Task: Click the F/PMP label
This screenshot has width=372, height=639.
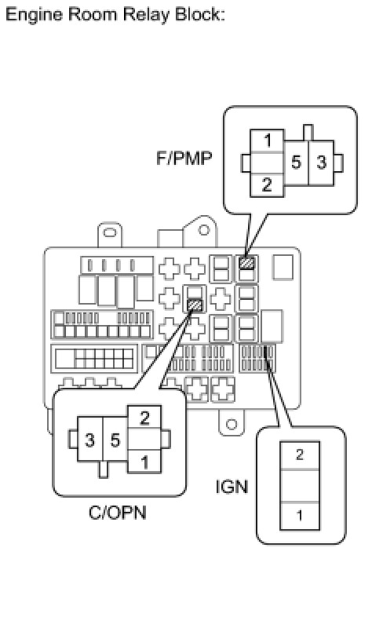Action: (x=184, y=158)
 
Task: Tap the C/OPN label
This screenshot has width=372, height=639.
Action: (x=117, y=513)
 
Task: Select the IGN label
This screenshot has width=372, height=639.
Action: (x=232, y=487)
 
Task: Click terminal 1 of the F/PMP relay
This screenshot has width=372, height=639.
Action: (x=268, y=141)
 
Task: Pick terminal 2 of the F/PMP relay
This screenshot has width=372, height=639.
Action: (x=267, y=185)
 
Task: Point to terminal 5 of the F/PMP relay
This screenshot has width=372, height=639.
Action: (x=296, y=163)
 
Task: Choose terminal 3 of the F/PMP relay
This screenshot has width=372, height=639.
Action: (x=322, y=163)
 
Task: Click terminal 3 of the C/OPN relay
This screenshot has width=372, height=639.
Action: (x=90, y=440)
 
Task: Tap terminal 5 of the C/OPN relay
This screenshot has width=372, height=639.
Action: (x=115, y=440)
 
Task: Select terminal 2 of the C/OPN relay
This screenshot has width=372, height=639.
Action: (x=144, y=418)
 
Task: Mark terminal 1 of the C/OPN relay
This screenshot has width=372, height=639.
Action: (x=144, y=462)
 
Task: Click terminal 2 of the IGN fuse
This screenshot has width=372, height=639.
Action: (x=300, y=455)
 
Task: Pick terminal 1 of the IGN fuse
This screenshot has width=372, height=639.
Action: (x=300, y=516)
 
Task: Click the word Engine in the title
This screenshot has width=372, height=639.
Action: (x=35, y=15)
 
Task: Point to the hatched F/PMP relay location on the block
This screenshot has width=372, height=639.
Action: (x=246, y=262)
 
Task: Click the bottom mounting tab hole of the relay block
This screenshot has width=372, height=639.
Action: (x=232, y=424)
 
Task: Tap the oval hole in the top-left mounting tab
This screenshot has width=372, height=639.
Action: (x=110, y=232)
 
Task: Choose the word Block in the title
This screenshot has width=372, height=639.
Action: (x=200, y=15)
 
